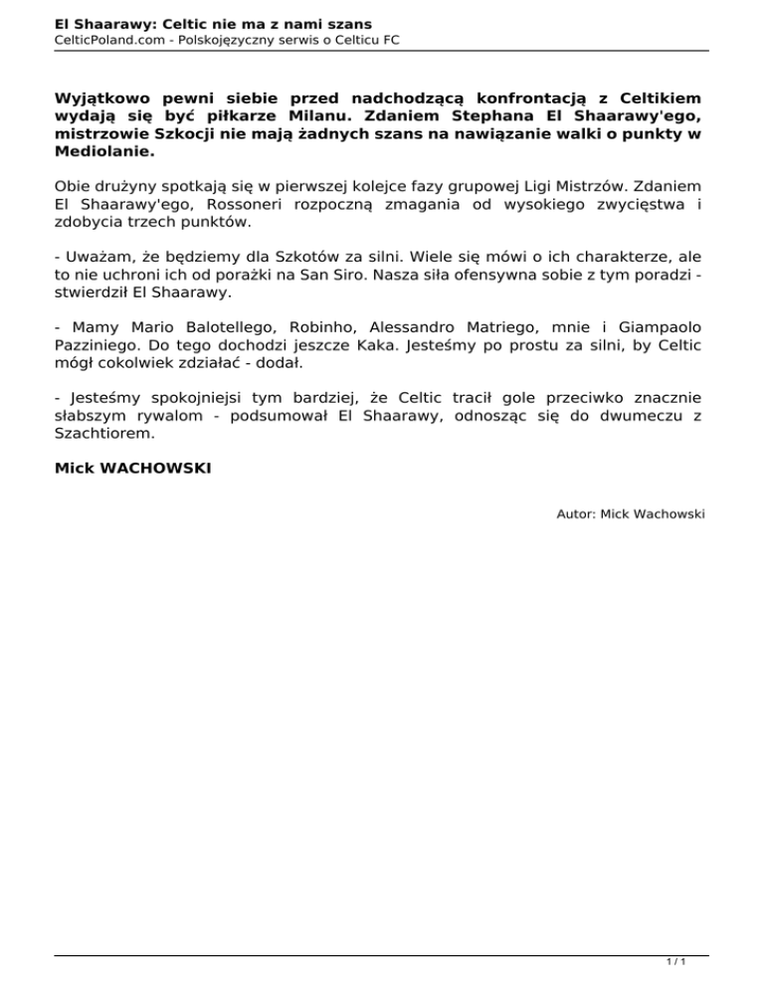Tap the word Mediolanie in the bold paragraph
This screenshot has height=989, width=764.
tap(103, 153)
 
